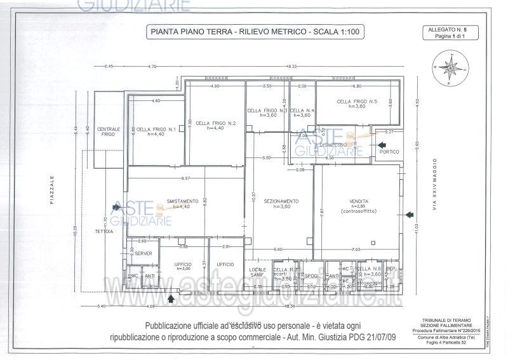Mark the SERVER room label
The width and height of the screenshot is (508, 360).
[143, 253]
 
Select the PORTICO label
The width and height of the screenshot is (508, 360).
[389, 152]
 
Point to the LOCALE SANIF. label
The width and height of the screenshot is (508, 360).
[257, 272]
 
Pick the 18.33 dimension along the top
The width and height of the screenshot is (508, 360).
[291, 67]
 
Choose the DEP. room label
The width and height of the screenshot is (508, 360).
[391, 269]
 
